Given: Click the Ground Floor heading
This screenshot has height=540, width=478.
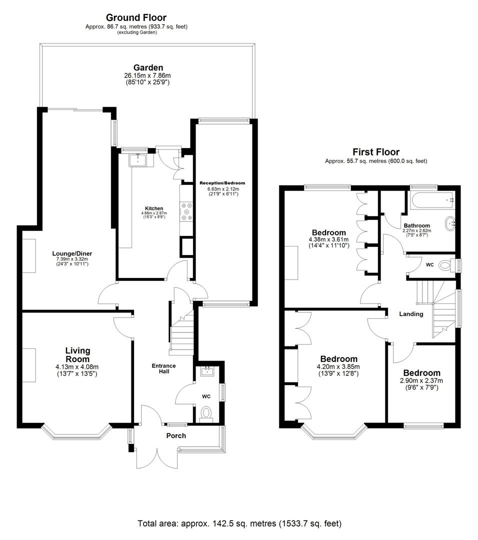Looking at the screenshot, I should tap(136, 18).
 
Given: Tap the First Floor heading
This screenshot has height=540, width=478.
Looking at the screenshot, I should tap(376, 152).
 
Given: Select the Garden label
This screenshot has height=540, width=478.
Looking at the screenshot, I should tap(148, 68).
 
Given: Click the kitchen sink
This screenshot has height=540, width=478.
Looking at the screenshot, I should tap(137, 160).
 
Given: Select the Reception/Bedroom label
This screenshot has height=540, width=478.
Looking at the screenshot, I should tap(222, 183).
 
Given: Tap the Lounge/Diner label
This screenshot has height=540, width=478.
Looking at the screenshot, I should tap(72, 253).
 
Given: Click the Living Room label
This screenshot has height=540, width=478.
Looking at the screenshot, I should tap(77, 354).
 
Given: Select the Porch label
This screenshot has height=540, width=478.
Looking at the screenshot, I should tap(176, 435).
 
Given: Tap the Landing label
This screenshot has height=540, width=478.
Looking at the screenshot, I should tap(411, 314).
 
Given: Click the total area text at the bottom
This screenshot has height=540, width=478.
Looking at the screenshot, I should tap(239, 523).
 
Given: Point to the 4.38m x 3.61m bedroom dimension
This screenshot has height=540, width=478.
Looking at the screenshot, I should tap(328, 240).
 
